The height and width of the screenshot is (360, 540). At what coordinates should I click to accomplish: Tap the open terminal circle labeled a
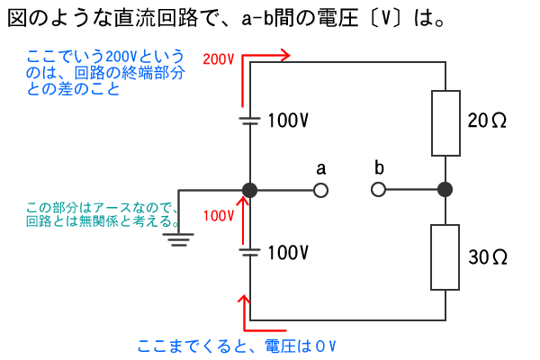pos(319,190)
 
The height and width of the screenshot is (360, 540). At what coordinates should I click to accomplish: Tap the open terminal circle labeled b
pos(379,190)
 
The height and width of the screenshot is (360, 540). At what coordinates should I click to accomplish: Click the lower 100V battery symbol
pos(250,253)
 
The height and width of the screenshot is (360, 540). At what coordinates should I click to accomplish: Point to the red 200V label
pos(219,59)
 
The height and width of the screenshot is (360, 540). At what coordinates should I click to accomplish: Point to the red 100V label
pos(219,216)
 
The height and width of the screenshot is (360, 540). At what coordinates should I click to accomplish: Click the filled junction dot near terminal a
pos(250,190)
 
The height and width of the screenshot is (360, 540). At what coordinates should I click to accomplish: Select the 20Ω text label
pos(487,121)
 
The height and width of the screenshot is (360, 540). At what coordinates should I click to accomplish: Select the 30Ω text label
pos(489,256)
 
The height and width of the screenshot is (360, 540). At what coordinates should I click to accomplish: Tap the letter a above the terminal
pos(320,168)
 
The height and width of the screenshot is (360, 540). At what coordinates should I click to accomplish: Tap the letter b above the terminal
pos(379,167)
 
